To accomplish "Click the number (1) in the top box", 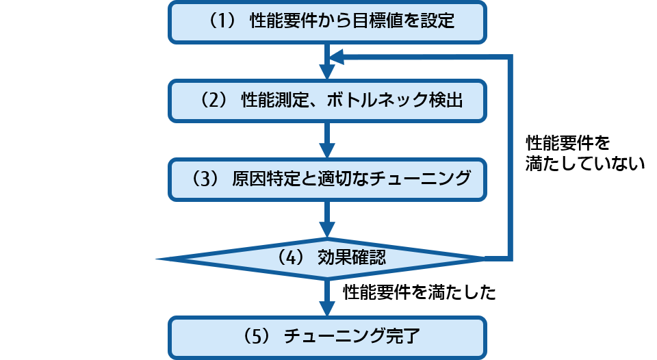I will coord(221,21).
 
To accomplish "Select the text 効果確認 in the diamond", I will coord(352,258).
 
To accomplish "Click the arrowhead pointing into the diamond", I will coord(328,230).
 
